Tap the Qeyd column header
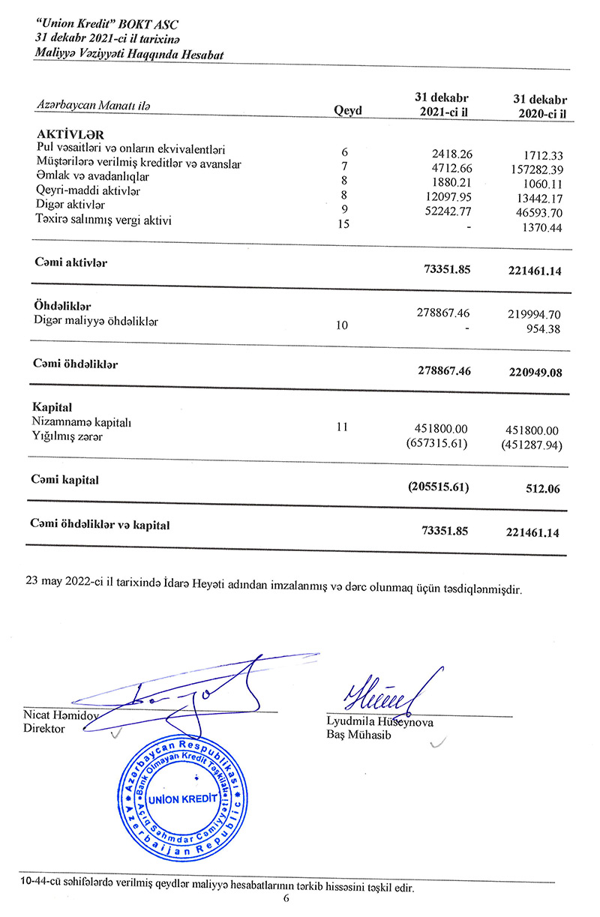point(347,111)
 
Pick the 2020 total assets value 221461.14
point(535,271)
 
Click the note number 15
point(344,225)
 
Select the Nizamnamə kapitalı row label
point(82,423)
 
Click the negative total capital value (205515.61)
point(439,487)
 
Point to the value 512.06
point(545,489)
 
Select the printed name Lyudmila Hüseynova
point(380,722)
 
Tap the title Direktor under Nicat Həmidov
point(44,729)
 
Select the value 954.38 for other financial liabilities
point(545,328)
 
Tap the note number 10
point(342,325)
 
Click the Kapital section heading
point(52,409)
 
